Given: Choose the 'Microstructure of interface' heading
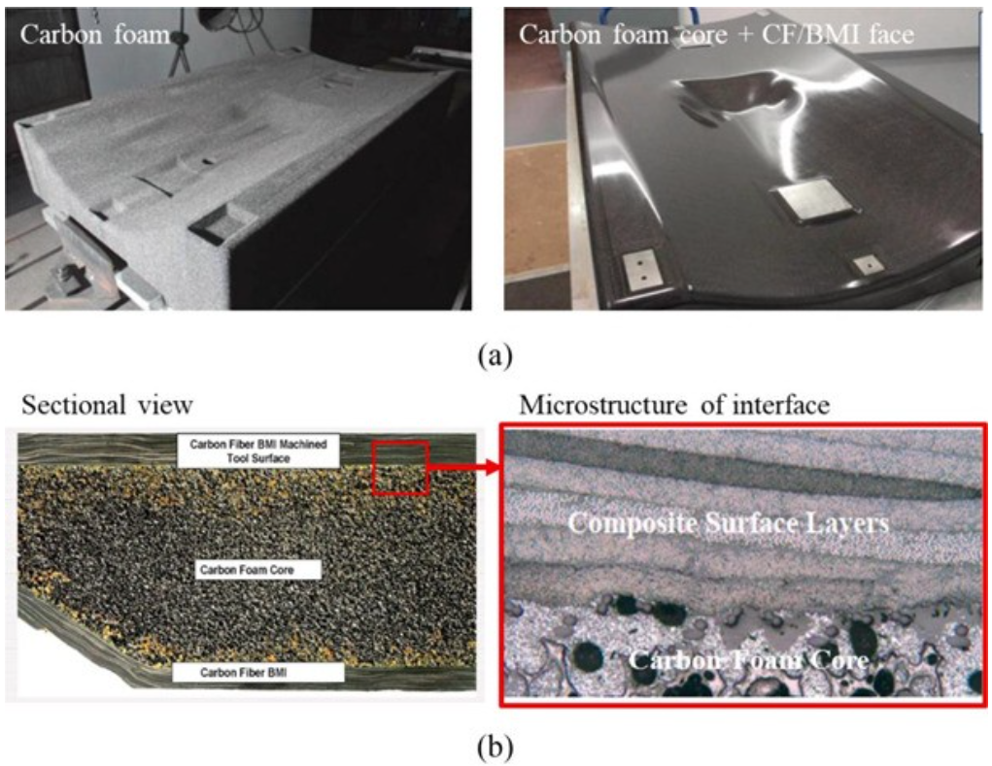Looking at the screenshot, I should [x=674, y=405].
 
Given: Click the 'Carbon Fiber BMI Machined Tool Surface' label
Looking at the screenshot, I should [x=258, y=450].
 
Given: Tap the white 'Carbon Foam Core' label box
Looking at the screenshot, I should [x=257, y=570].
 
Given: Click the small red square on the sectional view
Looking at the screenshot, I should [x=400, y=466].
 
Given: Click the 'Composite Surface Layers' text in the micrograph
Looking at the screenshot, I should [x=729, y=523].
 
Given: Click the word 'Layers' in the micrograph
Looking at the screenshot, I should [x=844, y=523].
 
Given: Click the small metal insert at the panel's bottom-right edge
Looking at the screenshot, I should [x=863, y=263].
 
